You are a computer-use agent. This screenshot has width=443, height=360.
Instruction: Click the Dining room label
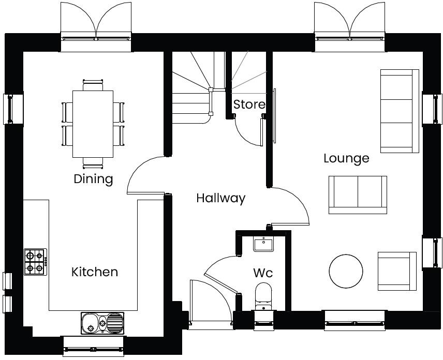point(93,179)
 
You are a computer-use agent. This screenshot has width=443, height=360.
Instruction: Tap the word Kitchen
point(94,272)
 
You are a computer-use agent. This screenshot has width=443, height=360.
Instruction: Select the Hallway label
point(220,198)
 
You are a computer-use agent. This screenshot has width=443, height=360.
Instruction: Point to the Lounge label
point(346,158)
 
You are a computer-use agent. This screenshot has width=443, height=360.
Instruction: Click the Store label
point(249,104)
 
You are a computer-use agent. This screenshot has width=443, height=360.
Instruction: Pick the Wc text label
point(263,273)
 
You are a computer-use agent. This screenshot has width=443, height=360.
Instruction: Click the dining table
point(93,124)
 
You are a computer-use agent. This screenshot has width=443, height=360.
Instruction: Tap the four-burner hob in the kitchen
point(35,262)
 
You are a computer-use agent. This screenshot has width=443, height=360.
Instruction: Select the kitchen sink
point(102,323)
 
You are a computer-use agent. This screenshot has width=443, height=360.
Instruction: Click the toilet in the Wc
point(263,295)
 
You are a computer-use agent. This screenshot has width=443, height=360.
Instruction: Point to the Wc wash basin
point(263,244)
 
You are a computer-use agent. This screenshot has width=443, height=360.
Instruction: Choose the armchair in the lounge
point(397,271)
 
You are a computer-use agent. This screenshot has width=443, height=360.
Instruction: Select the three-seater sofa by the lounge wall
point(400,111)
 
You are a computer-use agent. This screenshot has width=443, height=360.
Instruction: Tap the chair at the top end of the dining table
point(93,84)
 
